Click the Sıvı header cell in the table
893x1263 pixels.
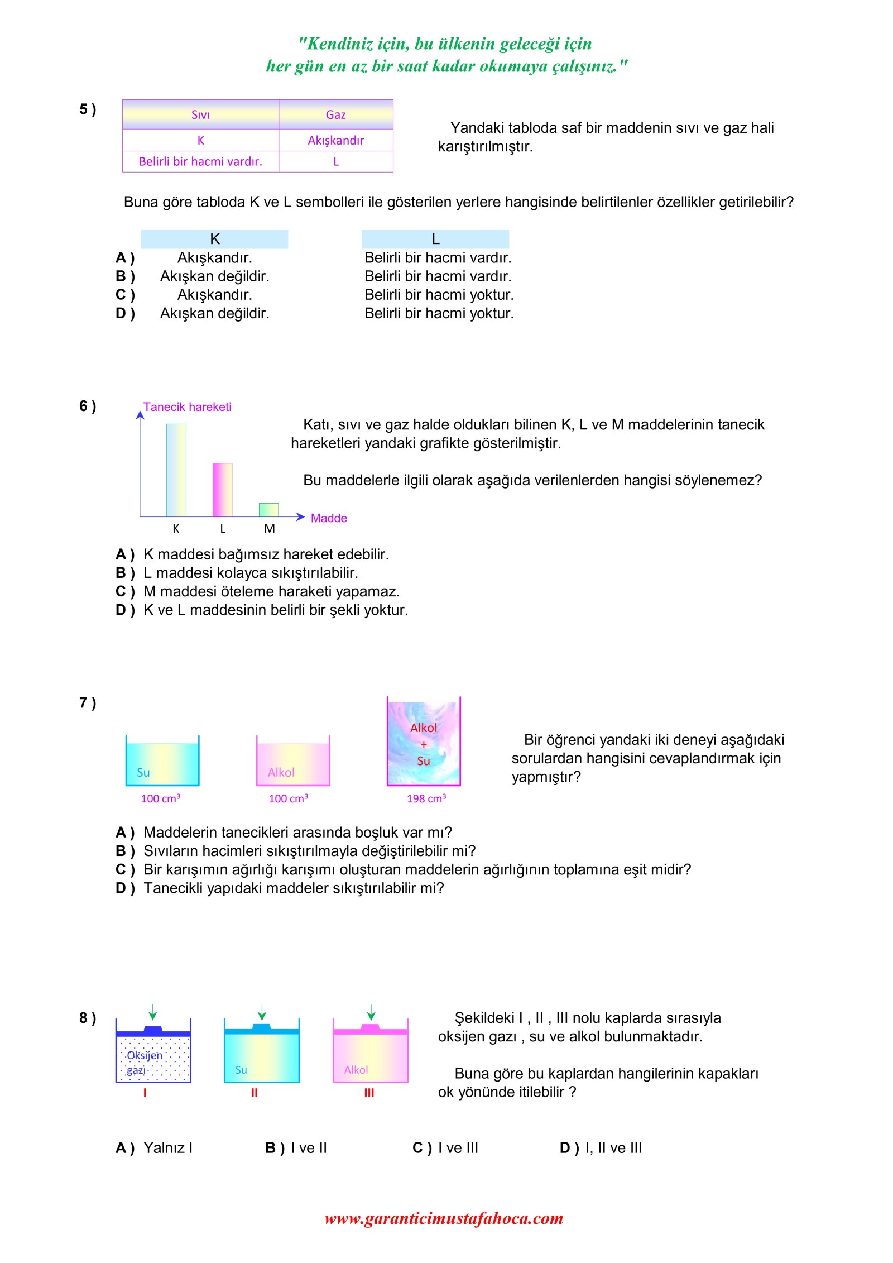(x=200, y=114)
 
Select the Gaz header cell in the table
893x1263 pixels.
(x=335, y=114)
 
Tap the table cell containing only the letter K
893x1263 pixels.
(x=200, y=140)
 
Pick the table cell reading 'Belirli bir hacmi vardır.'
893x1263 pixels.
(x=200, y=161)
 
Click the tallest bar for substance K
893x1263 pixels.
(x=176, y=470)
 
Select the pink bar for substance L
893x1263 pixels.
(x=222, y=490)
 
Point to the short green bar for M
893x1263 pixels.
(x=268, y=509)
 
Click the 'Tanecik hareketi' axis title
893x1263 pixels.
(x=187, y=406)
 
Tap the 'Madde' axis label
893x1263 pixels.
(x=329, y=518)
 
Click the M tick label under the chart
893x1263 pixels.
(x=269, y=529)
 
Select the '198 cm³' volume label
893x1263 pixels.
(x=426, y=798)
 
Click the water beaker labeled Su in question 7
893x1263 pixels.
(x=162, y=762)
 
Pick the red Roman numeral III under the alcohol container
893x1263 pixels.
(x=369, y=1093)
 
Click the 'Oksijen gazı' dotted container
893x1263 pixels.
(x=153, y=1059)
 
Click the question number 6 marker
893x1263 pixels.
(x=87, y=406)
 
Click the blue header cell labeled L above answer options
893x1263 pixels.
(x=435, y=239)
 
